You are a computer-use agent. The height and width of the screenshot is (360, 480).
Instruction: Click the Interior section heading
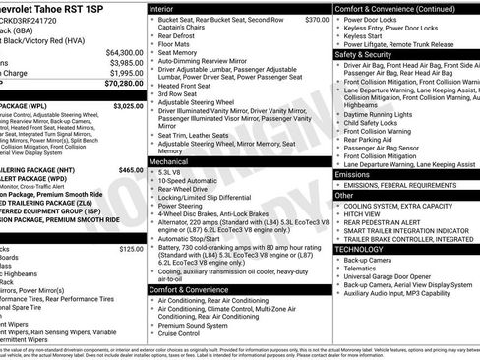click(x=164, y=8)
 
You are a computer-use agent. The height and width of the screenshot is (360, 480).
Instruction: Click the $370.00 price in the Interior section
click(x=317, y=20)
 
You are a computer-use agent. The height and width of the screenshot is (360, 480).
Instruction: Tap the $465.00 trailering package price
click(x=130, y=170)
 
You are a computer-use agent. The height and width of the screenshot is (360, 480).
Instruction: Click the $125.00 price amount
click(x=130, y=250)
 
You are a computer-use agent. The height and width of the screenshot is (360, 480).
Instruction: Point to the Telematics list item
click(x=366, y=268)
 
